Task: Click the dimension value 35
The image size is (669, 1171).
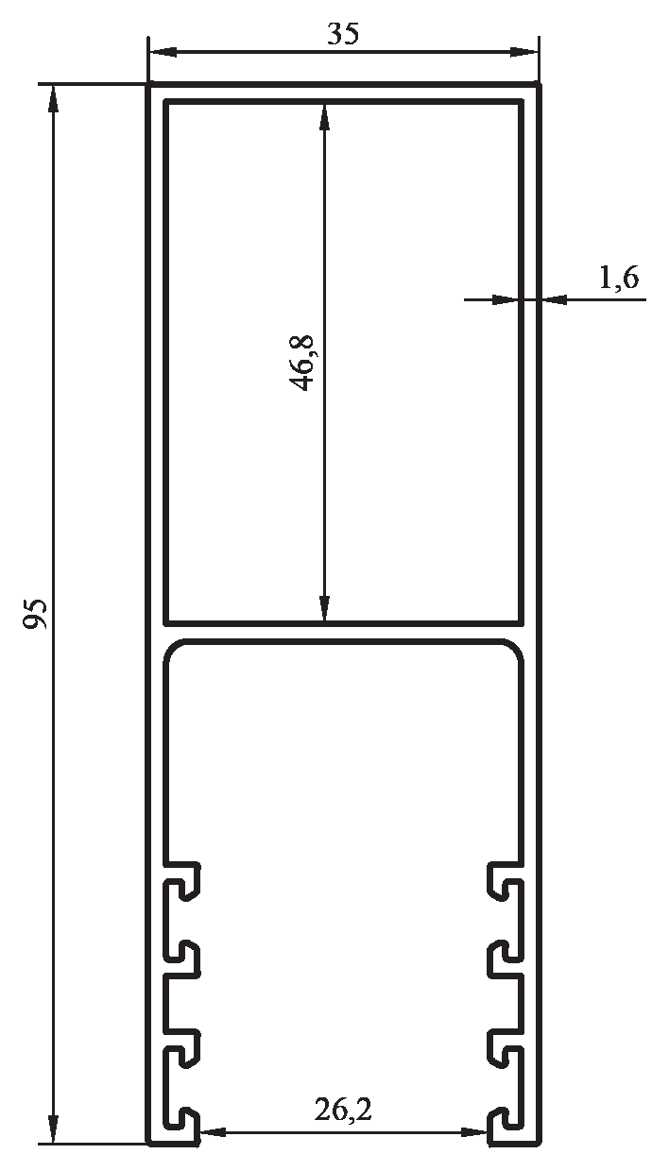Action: [343, 34]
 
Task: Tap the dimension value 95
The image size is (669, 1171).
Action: [36, 613]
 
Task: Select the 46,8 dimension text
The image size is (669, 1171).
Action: [301, 363]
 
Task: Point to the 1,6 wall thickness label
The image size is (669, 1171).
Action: [619, 277]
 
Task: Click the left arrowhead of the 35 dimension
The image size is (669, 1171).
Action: [163, 52]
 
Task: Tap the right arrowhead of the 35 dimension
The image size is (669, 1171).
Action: [524, 52]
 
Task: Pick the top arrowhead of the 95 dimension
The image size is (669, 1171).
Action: [52, 99]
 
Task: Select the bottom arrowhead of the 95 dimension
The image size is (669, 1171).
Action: [52, 1144]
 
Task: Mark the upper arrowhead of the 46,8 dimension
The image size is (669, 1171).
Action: [324, 117]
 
